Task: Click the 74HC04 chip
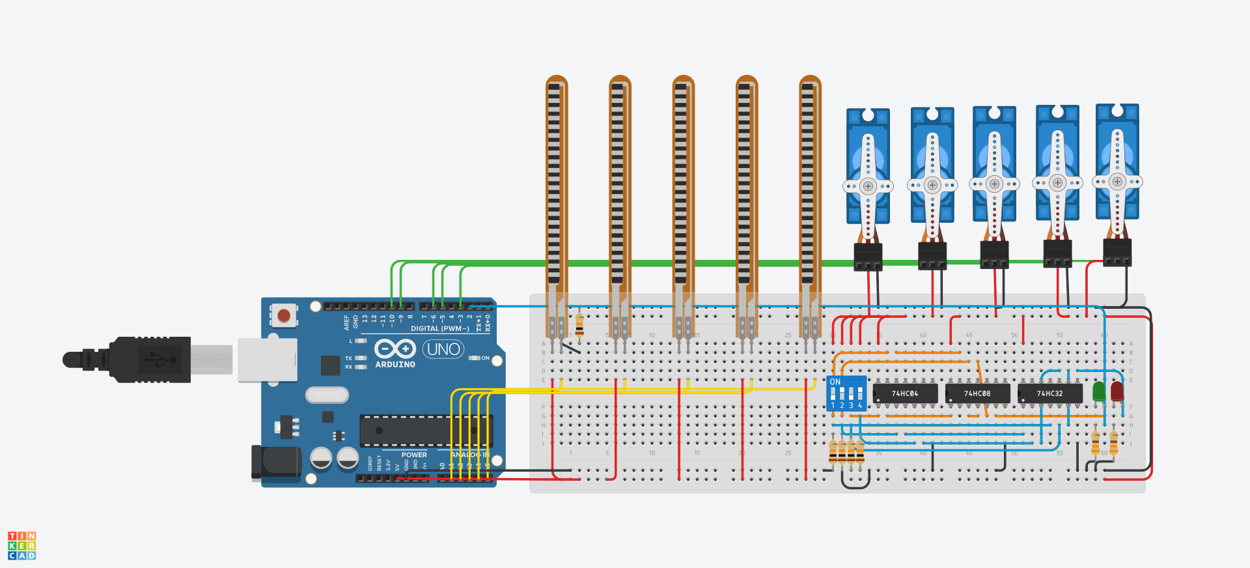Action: click(x=905, y=393)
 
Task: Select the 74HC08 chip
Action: click(x=977, y=393)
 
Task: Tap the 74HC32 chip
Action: click(x=1049, y=393)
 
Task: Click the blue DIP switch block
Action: click(x=846, y=393)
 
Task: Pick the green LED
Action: click(x=1099, y=391)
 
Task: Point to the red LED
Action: click(x=1117, y=391)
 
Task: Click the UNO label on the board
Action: click(x=443, y=350)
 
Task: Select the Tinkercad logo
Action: click(x=21, y=546)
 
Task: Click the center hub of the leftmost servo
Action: click(x=868, y=186)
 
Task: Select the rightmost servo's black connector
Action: click(x=1117, y=253)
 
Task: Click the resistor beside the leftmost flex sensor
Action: click(x=579, y=324)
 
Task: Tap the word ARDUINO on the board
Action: click(x=395, y=365)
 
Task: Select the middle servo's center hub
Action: click(x=994, y=184)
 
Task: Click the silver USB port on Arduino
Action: click(x=268, y=360)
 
